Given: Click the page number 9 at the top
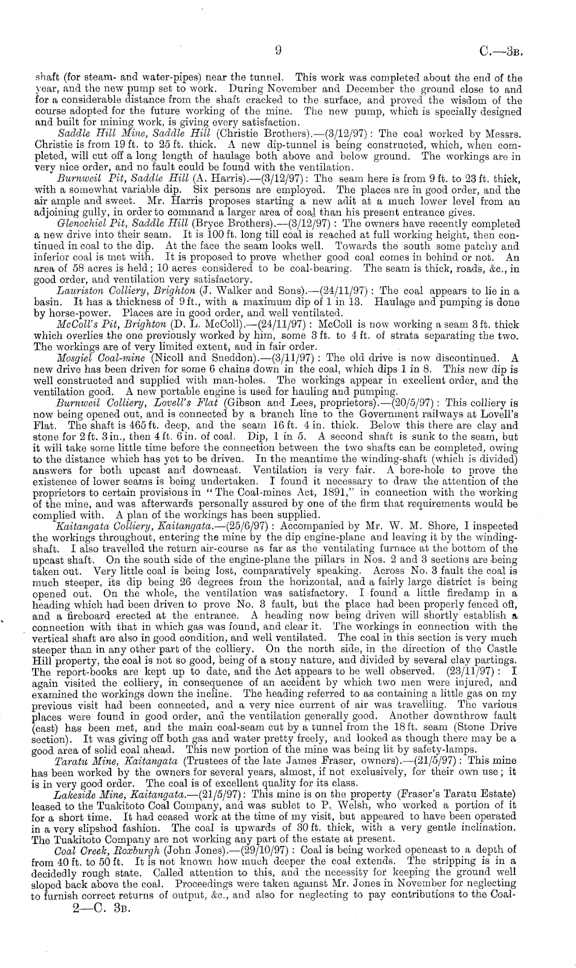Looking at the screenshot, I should (278, 50).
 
